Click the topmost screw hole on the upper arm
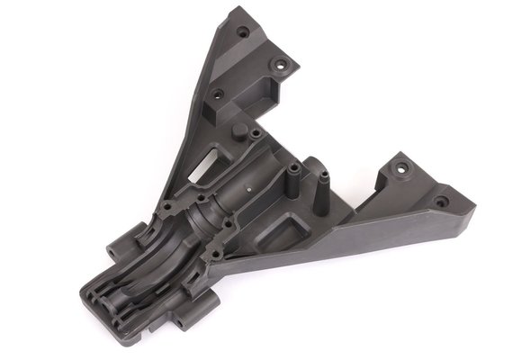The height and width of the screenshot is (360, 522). click(242, 31)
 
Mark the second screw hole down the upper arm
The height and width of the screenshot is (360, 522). click(280, 65)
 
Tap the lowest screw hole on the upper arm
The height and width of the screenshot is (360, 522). click(217, 93)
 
